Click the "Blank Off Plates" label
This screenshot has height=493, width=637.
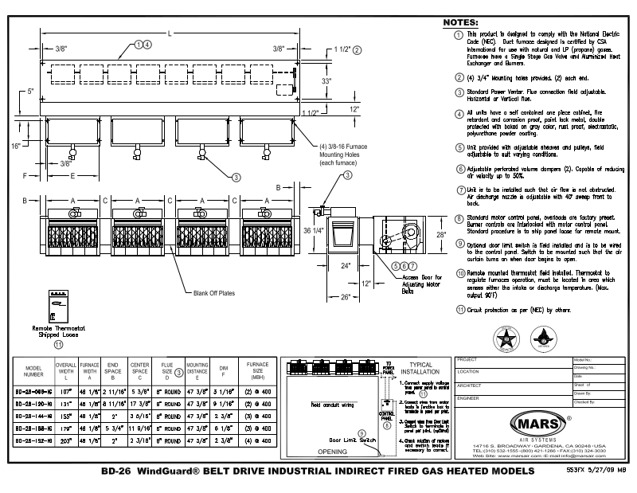click(213, 292)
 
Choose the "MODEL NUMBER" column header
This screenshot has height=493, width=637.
click(33, 370)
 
